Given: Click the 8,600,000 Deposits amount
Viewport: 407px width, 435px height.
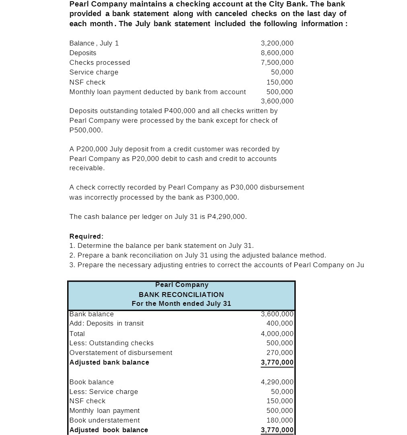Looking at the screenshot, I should click(x=277, y=53).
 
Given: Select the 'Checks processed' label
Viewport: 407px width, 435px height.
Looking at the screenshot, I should click(x=100, y=62).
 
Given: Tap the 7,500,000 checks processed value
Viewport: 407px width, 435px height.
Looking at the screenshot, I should click(x=277, y=62).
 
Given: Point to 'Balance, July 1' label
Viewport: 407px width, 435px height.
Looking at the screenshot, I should click(x=94, y=43).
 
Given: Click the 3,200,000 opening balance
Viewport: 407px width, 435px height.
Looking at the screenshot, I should click(x=277, y=43).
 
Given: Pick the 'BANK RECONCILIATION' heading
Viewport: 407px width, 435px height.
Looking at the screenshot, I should click(x=181, y=295).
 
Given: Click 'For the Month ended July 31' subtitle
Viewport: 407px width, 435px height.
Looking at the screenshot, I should click(x=181, y=303).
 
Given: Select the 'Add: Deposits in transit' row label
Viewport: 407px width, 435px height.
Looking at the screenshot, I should click(x=107, y=323).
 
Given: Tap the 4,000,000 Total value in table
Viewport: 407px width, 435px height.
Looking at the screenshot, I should click(x=277, y=334).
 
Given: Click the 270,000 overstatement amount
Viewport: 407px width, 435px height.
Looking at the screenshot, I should click(x=280, y=353).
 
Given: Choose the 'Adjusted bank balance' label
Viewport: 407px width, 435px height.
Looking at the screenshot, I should click(x=109, y=362).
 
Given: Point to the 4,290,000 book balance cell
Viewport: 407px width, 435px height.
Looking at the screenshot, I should click(x=277, y=382).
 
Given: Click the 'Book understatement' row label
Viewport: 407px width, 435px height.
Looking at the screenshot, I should click(x=105, y=420).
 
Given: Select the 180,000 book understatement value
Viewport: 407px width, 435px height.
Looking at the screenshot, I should click(x=280, y=420).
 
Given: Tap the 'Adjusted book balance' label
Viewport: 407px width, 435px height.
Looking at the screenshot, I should click(x=109, y=430).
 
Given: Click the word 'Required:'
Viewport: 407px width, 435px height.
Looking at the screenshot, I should click(x=86, y=236).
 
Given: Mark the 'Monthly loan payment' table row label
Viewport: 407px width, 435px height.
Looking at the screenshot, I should click(x=105, y=410).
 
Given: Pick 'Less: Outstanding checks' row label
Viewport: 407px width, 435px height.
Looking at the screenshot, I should click(x=111, y=343).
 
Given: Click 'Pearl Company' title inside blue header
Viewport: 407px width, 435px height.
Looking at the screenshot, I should click(x=182, y=285).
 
